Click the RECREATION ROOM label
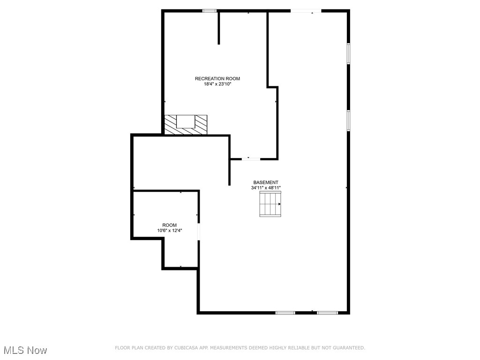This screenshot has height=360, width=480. point(217,79)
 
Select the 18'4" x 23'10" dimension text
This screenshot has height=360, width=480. point(217,84)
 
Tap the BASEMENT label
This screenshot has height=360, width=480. point(266,182)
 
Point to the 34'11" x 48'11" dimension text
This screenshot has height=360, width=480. point(266,188)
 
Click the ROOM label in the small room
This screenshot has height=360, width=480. point(169,225)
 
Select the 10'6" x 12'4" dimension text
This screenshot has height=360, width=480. point(169,231)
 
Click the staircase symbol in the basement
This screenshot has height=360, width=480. point(270,204)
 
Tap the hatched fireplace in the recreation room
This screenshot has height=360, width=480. point(186,124)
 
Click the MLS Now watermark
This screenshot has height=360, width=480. point(25,350)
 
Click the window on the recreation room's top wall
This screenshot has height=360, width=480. point(210,10)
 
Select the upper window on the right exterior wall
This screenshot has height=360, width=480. point(348,53)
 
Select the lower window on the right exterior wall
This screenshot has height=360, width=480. point(348,120)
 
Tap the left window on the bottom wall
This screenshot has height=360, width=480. point(285,312)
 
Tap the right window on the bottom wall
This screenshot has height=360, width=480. point(327,312)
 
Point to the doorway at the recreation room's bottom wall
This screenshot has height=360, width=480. point(251,159)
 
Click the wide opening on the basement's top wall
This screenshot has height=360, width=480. point(306,10)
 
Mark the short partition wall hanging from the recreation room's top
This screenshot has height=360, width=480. point(219,28)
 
